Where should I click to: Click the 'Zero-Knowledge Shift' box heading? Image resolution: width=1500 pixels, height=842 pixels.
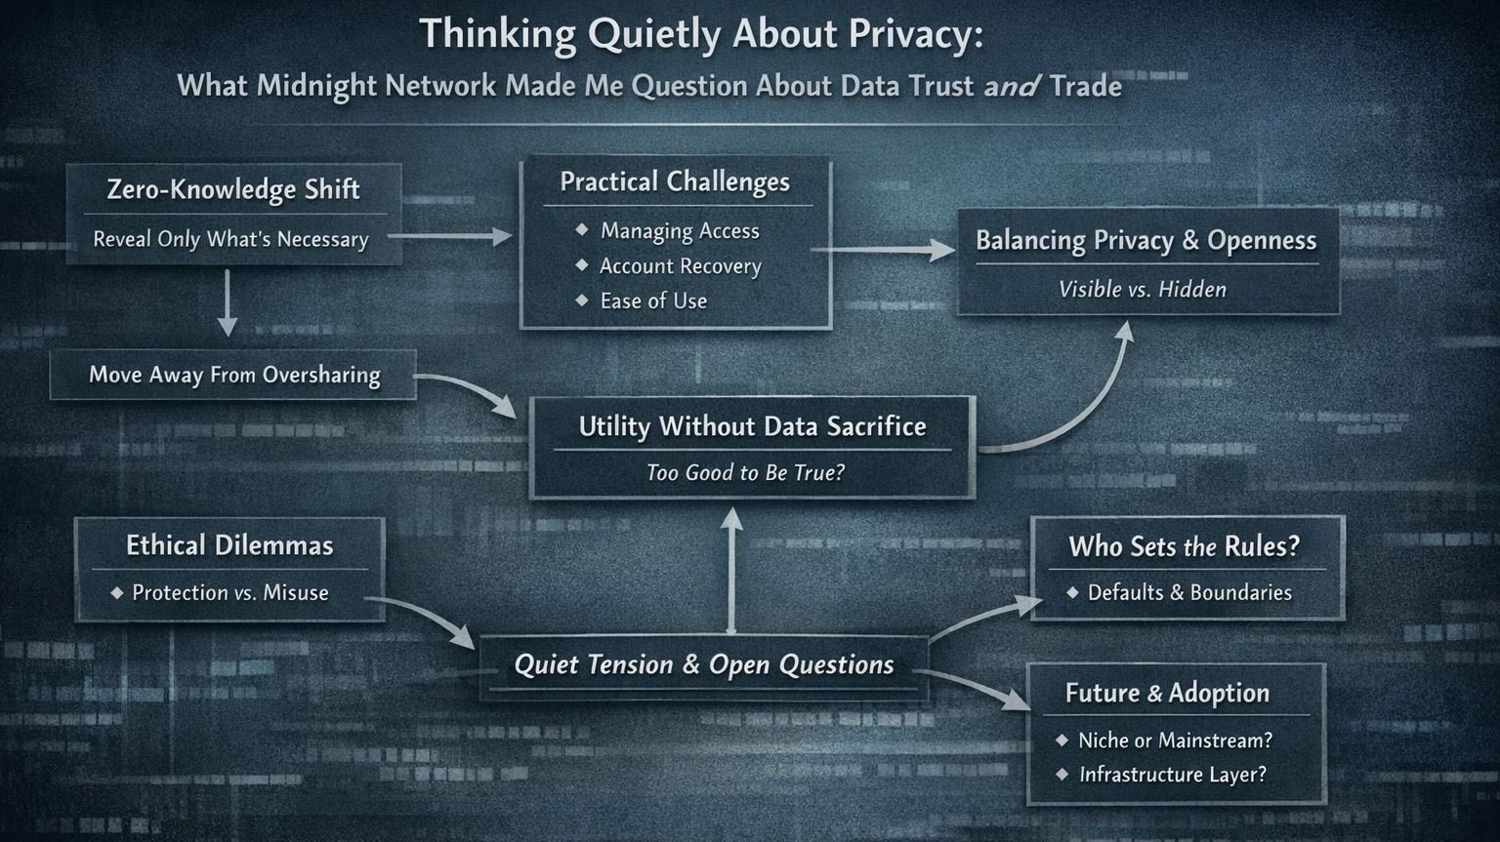[233, 189]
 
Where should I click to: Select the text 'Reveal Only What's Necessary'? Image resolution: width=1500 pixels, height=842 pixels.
[230, 240]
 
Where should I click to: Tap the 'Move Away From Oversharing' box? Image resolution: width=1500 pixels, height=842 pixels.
[234, 376]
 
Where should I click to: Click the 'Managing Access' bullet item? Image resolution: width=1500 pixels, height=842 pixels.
[680, 231]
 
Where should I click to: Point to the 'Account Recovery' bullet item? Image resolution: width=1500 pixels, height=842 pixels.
[680, 266]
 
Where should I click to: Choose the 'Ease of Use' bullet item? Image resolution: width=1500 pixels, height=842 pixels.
[653, 301]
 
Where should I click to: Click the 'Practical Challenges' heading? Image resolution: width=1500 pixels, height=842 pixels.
[675, 182]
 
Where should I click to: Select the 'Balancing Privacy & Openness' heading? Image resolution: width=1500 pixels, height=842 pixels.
[1146, 241]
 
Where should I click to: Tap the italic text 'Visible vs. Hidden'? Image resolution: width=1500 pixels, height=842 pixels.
[1143, 290]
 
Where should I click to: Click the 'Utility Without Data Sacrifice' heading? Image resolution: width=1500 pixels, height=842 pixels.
[752, 427]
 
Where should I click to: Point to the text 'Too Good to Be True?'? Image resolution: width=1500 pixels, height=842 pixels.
[745, 473]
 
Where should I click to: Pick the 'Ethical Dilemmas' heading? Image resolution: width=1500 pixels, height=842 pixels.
[229, 546]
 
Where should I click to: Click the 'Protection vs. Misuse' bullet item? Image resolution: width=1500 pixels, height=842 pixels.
[229, 593]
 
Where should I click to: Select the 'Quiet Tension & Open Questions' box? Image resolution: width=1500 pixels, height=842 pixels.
[703, 666]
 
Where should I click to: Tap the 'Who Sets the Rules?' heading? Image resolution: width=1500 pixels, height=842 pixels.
[1185, 547]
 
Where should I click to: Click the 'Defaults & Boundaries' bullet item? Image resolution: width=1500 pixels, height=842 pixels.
[1189, 593]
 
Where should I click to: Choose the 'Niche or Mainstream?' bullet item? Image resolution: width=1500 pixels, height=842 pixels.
[1175, 742]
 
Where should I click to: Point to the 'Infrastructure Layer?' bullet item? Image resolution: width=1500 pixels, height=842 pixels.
[1172, 776]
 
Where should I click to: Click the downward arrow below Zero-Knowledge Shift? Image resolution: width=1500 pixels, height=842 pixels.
[228, 303]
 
